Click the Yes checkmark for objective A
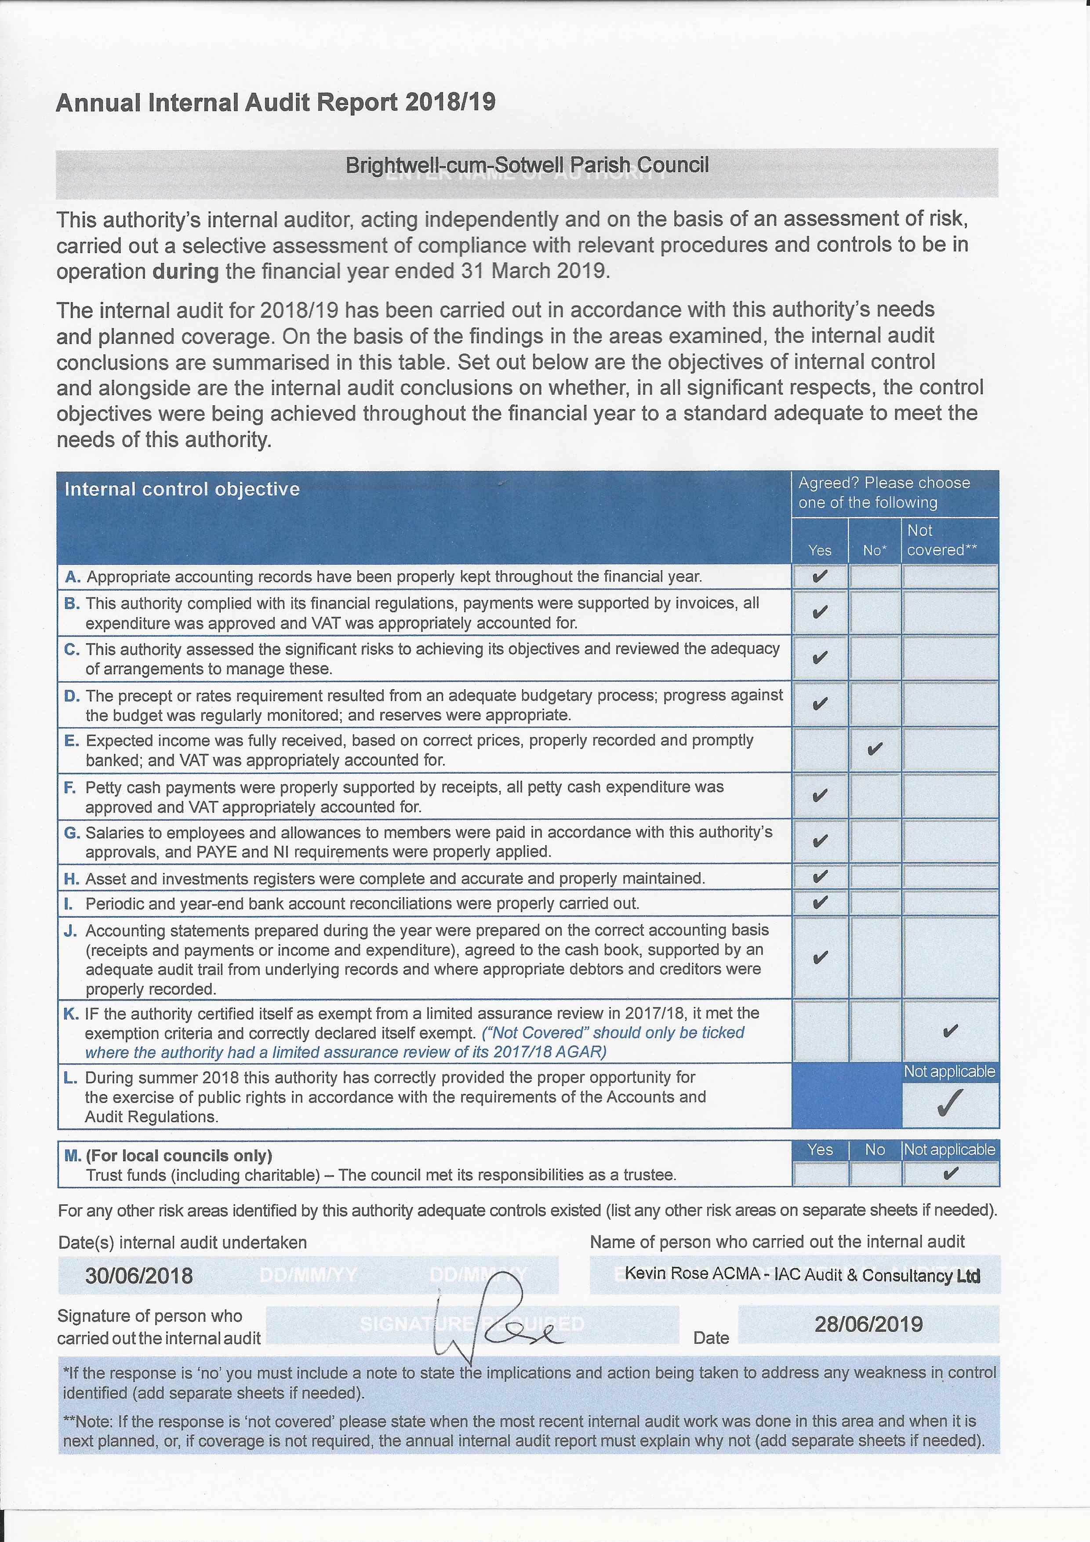click(819, 576)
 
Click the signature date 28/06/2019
click(868, 1324)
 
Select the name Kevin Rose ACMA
click(692, 1273)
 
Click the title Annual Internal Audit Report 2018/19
click(275, 102)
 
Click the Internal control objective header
click(182, 489)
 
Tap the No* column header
click(875, 550)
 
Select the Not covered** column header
click(941, 540)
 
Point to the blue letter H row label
click(71, 878)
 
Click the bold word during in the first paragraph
click(185, 271)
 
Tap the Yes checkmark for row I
click(819, 902)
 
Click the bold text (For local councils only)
click(178, 1155)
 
